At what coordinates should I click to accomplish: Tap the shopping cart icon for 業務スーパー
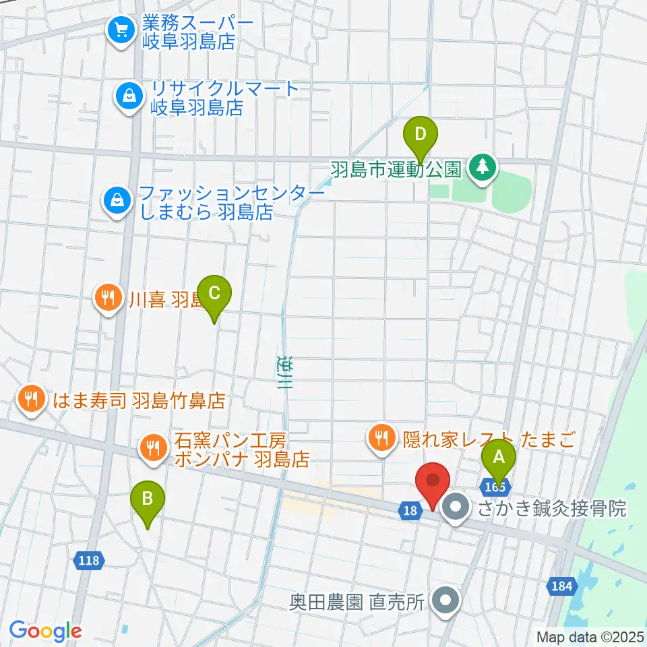(121, 30)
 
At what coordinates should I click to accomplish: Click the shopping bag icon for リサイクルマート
(128, 95)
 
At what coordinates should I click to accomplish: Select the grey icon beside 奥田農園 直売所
(445, 599)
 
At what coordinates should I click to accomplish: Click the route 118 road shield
(88, 560)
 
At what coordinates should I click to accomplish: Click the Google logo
(46, 630)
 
